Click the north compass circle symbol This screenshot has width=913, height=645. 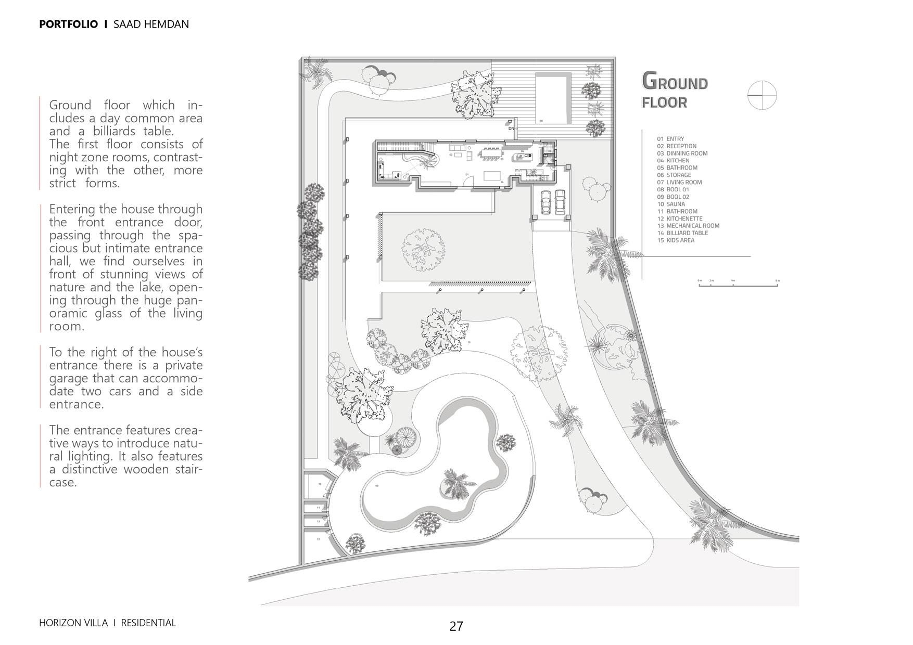(x=762, y=95)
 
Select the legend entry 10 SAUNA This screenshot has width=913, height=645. (x=675, y=204)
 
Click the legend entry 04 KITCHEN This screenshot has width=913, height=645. (x=677, y=161)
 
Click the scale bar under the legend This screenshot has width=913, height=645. (x=738, y=285)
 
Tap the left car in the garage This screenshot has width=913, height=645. (x=546, y=202)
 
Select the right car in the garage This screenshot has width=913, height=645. (x=560, y=201)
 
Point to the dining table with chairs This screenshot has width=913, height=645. (x=491, y=153)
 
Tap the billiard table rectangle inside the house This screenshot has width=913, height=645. (x=492, y=175)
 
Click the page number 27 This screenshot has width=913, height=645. (x=456, y=626)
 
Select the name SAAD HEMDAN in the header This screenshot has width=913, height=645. (x=151, y=24)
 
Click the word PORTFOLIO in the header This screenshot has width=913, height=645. (x=68, y=24)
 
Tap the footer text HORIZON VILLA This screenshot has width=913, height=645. (x=73, y=623)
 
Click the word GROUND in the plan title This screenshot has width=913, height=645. (x=675, y=82)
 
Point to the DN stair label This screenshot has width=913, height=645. (x=511, y=128)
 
